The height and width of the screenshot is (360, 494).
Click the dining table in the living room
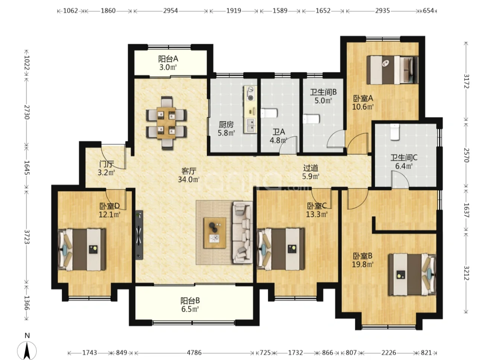coord(166,123)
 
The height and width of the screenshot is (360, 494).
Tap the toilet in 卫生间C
coord(394,132)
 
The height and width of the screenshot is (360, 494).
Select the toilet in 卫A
coord(269,113)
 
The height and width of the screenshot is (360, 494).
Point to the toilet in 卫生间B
coord(311,119)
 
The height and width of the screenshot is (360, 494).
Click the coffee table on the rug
coord(215,233)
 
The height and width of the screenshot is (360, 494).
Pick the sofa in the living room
coord(243,232)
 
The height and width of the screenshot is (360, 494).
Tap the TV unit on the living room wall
coord(139,235)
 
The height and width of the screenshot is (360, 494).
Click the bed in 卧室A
coord(392,70)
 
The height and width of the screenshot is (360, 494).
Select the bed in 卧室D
coord(82,249)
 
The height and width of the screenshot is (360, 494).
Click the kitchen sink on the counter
coord(250,125)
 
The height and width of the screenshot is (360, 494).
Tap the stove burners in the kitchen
coord(250,93)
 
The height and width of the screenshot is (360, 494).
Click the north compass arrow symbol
coord(27,350)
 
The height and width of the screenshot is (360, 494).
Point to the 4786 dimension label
coord(194,353)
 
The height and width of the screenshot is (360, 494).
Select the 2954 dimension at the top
coord(171,11)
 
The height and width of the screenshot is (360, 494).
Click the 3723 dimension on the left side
coord(27,237)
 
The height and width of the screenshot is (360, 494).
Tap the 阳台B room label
coord(190,301)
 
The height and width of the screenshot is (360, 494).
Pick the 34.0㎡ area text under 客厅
coord(189,180)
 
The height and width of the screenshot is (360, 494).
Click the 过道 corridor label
coord(311,168)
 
